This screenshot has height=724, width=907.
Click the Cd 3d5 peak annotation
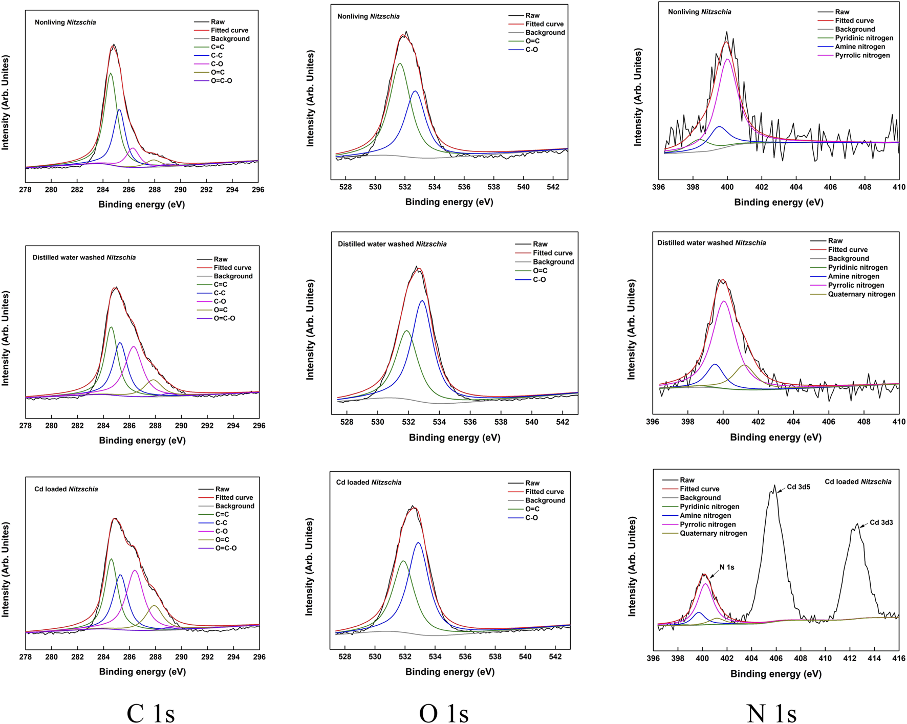798,487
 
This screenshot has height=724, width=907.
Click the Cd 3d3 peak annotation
881,522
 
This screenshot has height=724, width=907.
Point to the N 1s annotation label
727,567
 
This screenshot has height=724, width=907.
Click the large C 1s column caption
150,713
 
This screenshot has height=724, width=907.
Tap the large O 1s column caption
444,713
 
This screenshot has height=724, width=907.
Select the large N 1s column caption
771,713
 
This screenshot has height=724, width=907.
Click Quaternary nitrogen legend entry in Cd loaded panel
713,533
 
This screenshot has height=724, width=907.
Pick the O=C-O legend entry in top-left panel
221,81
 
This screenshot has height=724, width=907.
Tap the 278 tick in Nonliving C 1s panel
25,190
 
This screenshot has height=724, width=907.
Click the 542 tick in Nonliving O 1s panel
553,187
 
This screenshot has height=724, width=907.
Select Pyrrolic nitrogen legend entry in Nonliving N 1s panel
862,55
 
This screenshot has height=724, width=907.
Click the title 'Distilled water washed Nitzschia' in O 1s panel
392,244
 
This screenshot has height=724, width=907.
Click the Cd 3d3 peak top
857,524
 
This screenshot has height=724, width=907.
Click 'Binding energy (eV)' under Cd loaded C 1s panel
142,672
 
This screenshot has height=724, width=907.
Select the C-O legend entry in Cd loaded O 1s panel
531,518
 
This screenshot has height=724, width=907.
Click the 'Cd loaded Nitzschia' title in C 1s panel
66,489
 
